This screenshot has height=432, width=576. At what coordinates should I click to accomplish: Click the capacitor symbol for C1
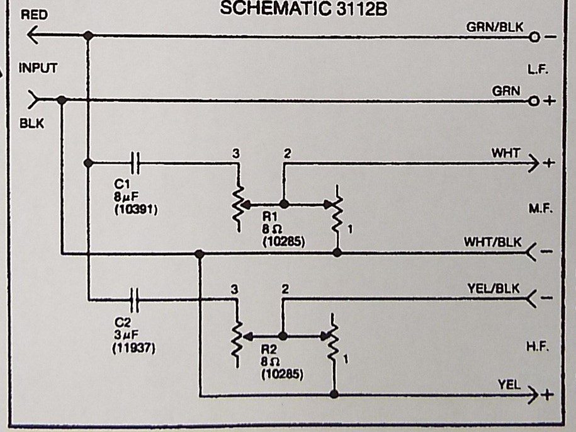point(135,162)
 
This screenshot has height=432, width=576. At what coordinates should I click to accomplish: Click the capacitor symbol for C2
point(135,300)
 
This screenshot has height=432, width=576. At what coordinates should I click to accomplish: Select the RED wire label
point(34,15)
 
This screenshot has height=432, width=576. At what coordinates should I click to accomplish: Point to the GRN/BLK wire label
point(495,27)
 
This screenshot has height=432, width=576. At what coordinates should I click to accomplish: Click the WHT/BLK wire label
point(493,242)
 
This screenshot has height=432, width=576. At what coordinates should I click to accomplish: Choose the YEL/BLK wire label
point(494,288)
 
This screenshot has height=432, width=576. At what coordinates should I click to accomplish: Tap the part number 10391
point(136,210)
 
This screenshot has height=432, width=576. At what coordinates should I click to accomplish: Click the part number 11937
point(134,348)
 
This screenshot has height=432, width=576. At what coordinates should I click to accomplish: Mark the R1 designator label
point(269,217)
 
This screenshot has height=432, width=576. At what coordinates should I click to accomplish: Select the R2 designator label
point(269,350)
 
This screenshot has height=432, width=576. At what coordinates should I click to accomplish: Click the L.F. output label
point(538,69)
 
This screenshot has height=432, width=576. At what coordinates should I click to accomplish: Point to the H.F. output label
point(538,346)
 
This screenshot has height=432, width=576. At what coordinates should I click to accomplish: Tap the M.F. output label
point(540,208)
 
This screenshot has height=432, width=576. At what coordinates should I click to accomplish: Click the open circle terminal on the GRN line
point(534,101)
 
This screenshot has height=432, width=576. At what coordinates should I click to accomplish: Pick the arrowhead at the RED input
point(33,36)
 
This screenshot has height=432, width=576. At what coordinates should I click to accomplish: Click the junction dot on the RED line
point(88,36)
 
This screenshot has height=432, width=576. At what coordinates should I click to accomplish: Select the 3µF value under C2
point(126,335)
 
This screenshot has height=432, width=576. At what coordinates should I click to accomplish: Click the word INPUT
point(38,68)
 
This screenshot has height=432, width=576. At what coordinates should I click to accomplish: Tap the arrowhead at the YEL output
point(533,395)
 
